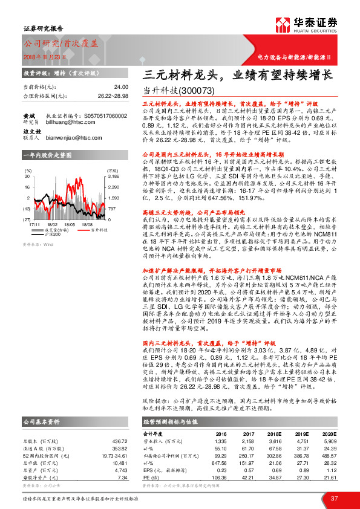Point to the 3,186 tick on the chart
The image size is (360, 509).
click(113, 177)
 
